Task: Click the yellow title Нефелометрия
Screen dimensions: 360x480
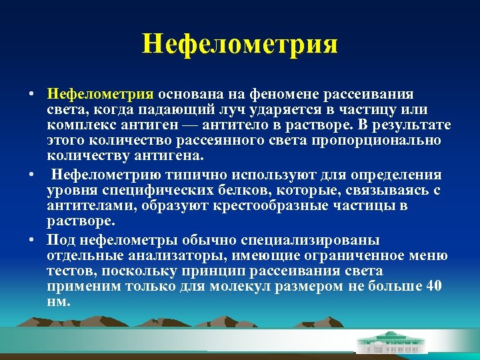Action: coord(240,45)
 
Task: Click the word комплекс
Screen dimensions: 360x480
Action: coord(81,125)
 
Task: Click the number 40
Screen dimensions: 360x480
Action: coord(433,287)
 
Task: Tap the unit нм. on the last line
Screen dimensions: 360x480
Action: coord(58,302)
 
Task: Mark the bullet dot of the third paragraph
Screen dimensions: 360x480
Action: coord(31,239)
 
